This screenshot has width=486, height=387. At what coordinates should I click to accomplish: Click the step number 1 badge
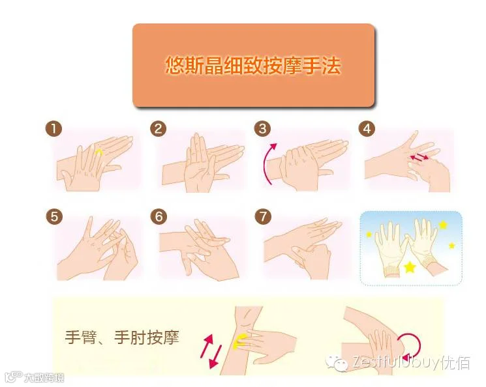pyautogui.click(x=53, y=128)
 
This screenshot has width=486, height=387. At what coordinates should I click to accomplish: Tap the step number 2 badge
pyautogui.click(x=159, y=128)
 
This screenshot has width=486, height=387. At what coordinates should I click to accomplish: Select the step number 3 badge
pyautogui.click(x=262, y=128)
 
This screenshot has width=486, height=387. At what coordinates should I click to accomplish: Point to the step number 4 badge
pyautogui.click(x=367, y=128)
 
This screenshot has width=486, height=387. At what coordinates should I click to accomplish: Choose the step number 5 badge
pyautogui.click(x=54, y=216)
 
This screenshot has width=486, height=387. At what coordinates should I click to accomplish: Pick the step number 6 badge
pyautogui.click(x=159, y=216)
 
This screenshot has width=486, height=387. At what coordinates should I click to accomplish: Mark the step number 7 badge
pyautogui.click(x=263, y=216)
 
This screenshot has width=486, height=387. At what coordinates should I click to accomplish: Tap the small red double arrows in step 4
pyautogui.click(x=419, y=157)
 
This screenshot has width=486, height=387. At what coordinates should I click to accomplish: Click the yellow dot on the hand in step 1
pyautogui.click(x=99, y=152)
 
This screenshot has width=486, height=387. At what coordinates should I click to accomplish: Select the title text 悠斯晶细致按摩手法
pyautogui.click(x=253, y=65)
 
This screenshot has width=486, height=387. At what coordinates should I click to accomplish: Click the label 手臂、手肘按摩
pyautogui.click(x=122, y=337)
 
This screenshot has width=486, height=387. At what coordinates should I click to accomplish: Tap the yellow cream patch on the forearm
pyautogui.click(x=239, y=342)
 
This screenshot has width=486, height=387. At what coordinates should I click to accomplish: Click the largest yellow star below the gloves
pyautogui.click(x=410, y=266)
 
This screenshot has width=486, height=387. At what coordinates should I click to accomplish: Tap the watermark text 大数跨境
pyautogui.click(x=44, y=377)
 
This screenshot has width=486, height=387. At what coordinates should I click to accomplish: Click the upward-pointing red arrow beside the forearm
pyautogui.click(x=207, y=346)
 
